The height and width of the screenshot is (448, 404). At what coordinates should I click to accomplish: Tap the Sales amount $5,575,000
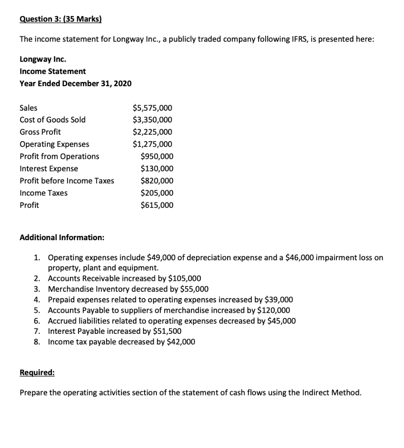[x=152, y=108]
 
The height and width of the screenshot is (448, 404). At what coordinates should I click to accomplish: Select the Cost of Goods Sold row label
[x=53, y=120]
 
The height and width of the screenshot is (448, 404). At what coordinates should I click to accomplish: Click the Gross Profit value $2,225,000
[x=152, y=132]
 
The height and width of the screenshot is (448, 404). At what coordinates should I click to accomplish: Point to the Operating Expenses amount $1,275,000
[x=152, y=144]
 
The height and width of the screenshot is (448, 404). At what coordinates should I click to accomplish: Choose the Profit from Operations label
[x=59, y=157]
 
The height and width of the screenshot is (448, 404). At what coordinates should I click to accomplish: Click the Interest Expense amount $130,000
[x=156, y=169]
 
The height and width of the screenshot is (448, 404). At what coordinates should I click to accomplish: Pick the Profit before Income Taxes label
[x=67, y=181]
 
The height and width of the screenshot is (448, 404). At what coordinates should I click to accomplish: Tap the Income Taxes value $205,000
[x=156, y=193]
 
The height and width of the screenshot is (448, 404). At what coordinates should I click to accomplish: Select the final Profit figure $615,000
[x=156, y=206]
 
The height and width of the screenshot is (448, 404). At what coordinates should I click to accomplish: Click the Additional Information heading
[x=62, y=238]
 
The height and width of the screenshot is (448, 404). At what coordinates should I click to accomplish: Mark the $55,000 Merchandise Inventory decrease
[x=194, y=289]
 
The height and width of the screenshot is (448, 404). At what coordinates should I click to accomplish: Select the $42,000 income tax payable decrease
[x=181, y=342]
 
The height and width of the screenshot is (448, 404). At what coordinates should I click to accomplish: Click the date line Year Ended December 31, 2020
[x=76, y=83]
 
